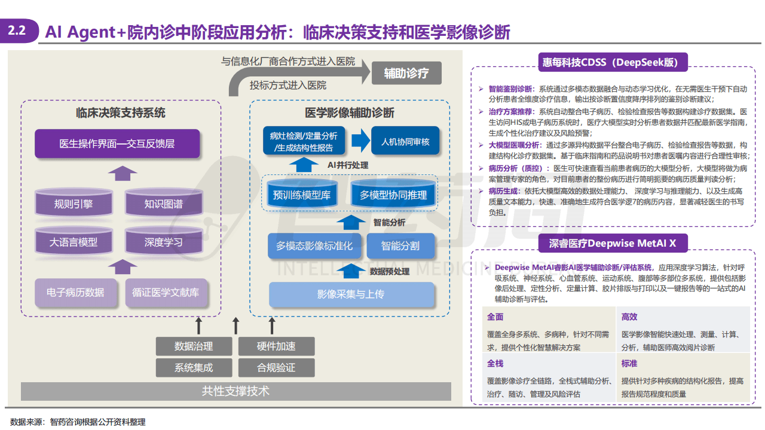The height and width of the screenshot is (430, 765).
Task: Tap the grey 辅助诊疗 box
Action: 406,73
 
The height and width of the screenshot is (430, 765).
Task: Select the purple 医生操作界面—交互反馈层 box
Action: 117,144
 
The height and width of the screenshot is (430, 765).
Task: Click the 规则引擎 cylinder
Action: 74,203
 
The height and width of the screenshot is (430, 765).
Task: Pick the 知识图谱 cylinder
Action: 163,203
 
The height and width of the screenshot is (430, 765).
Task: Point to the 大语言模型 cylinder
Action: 74,242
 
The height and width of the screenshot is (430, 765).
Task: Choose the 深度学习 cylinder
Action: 163,242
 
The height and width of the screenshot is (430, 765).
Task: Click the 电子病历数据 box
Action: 75,293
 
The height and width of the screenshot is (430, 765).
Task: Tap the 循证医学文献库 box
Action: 166,293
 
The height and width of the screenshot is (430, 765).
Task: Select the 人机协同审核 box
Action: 405,142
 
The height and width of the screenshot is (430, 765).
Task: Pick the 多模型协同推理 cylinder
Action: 393,195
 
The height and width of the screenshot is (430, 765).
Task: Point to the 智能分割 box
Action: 400,245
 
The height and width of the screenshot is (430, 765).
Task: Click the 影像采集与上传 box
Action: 351,294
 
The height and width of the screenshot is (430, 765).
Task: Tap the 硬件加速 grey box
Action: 276,346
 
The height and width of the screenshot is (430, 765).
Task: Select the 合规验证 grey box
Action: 276,367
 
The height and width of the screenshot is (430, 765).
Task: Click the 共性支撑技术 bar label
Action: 235,391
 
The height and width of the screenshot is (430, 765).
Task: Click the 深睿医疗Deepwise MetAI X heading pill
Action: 613,243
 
